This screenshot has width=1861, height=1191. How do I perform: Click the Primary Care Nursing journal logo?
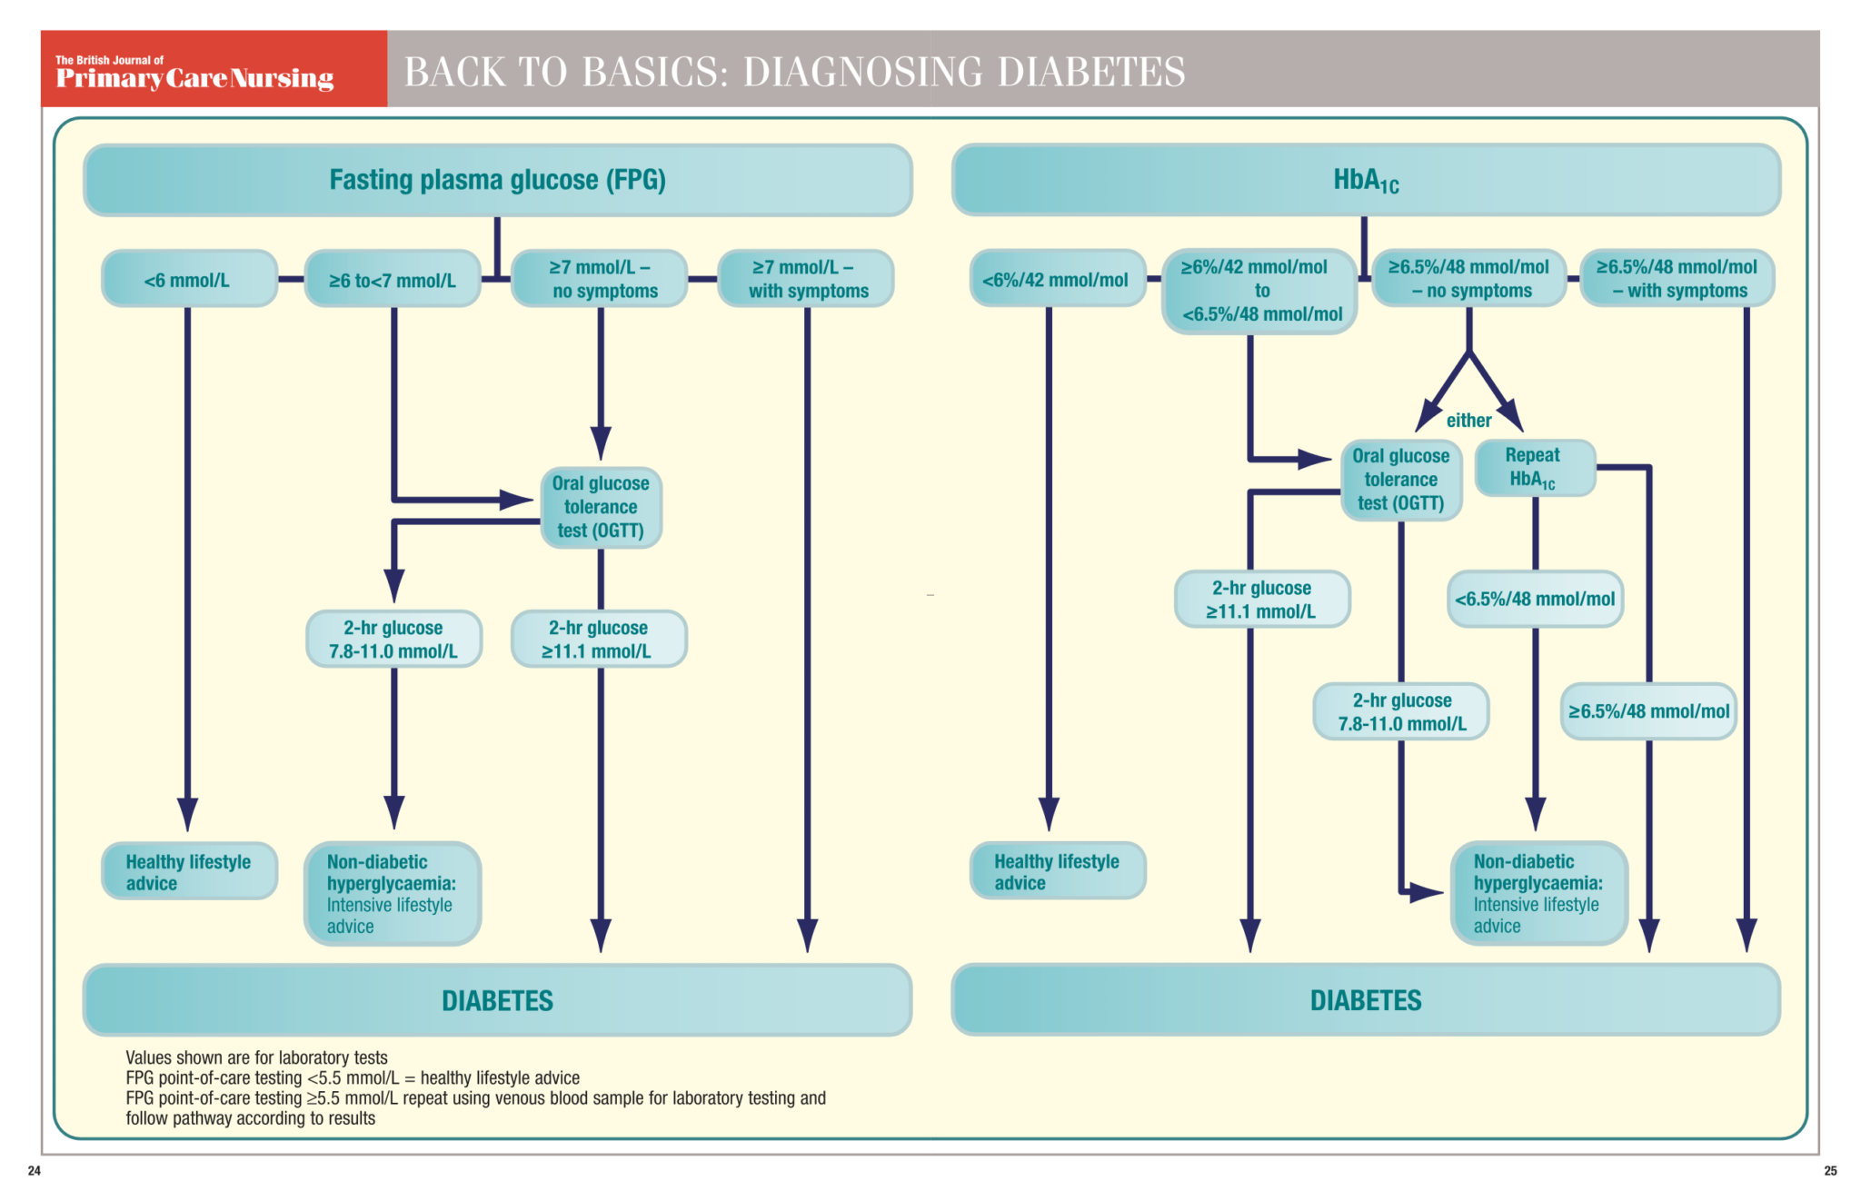(x=194, y=73)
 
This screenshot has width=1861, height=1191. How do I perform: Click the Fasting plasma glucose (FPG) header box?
(x=497, y=180)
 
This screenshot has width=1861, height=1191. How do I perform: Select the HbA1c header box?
(x=1365, y=180)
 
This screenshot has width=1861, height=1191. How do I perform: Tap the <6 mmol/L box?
(x=188, y=280)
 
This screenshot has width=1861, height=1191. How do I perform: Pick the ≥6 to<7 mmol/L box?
(x=393, y=280)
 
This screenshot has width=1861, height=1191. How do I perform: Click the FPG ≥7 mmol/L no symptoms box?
(x=600, y=279)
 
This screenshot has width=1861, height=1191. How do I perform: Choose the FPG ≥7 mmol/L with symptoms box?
(x=806, y=279)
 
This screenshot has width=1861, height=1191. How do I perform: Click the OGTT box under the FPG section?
(x=601, y=507)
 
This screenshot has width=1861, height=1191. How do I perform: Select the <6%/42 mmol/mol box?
(x=1056, y=280)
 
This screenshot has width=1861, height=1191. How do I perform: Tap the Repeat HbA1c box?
(x=1533, y=468)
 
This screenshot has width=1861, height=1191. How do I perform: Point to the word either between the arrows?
(x=1468, y=421)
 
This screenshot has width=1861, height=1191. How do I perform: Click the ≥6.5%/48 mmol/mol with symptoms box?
(x=1677, y=279)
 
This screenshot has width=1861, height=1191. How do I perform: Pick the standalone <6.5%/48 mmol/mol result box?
(x=1535, y=599)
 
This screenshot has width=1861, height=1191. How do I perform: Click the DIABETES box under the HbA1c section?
(x=1365, y=1000)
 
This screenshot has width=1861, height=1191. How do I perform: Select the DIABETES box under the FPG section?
(x=497, y=1000)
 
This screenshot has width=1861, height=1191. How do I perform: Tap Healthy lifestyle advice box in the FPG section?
(x=188, y=872)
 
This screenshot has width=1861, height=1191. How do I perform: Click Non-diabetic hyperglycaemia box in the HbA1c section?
(x=1538, y=893)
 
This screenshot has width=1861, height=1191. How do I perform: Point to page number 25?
(x=1830, y=1170)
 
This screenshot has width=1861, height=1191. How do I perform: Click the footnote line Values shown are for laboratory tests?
(x=257, y=1057)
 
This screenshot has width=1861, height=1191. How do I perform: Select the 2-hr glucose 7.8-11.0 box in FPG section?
(x=393, y=640)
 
